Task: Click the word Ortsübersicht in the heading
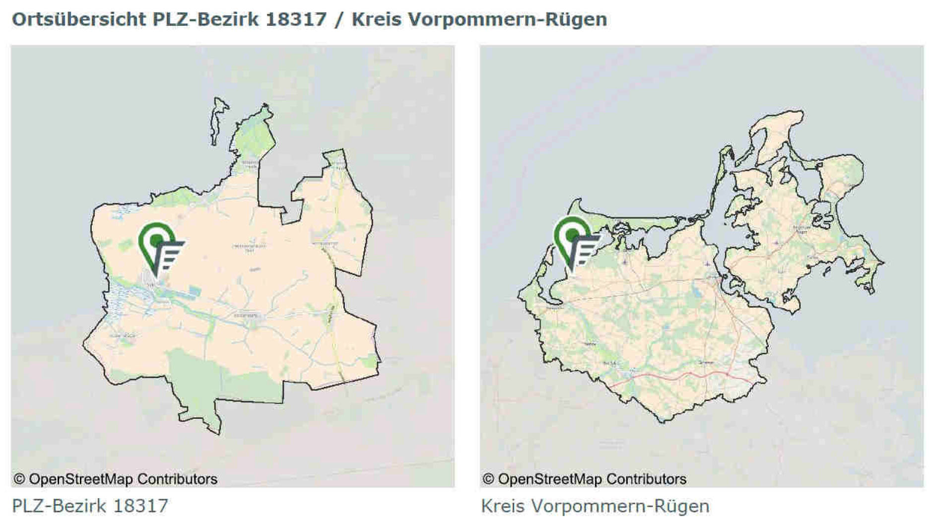(x=78, y=19)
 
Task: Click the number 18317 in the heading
(x=296, y=19)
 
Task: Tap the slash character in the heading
(x=339, y=19)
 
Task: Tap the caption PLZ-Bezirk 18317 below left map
(x=90, y=506)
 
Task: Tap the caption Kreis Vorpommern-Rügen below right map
(x=595, y=506)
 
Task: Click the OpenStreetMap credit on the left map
(x=115, y=479)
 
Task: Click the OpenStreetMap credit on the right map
(x=584, y=479)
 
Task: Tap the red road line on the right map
(x=685, y=375)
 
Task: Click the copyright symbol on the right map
(x=488, y=479)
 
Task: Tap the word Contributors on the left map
(x=177, y=479)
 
